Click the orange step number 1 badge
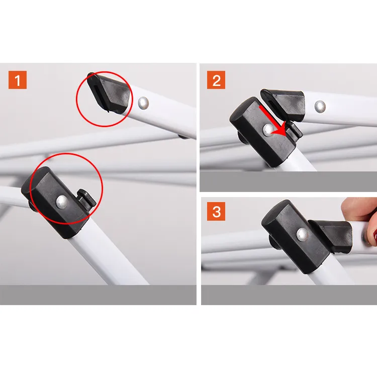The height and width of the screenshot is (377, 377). click(18, 80)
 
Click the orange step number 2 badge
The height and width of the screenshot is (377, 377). click(216, 80)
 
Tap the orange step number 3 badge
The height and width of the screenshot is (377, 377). click(216, 211)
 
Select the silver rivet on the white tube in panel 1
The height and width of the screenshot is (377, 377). click(144, 103)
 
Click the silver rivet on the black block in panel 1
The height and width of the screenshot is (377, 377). click(62, 202)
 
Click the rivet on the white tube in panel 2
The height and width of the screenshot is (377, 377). click(320, 107)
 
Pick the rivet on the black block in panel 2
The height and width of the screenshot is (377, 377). click(268, 130)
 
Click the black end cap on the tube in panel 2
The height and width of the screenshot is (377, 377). click(284, 104)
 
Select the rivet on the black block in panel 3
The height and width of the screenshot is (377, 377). click(303, 234)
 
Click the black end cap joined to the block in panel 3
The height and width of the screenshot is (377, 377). click(331, 236)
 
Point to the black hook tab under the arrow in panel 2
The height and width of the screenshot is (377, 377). click(295, 131)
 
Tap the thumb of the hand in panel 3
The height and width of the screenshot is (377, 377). click(356, 208)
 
